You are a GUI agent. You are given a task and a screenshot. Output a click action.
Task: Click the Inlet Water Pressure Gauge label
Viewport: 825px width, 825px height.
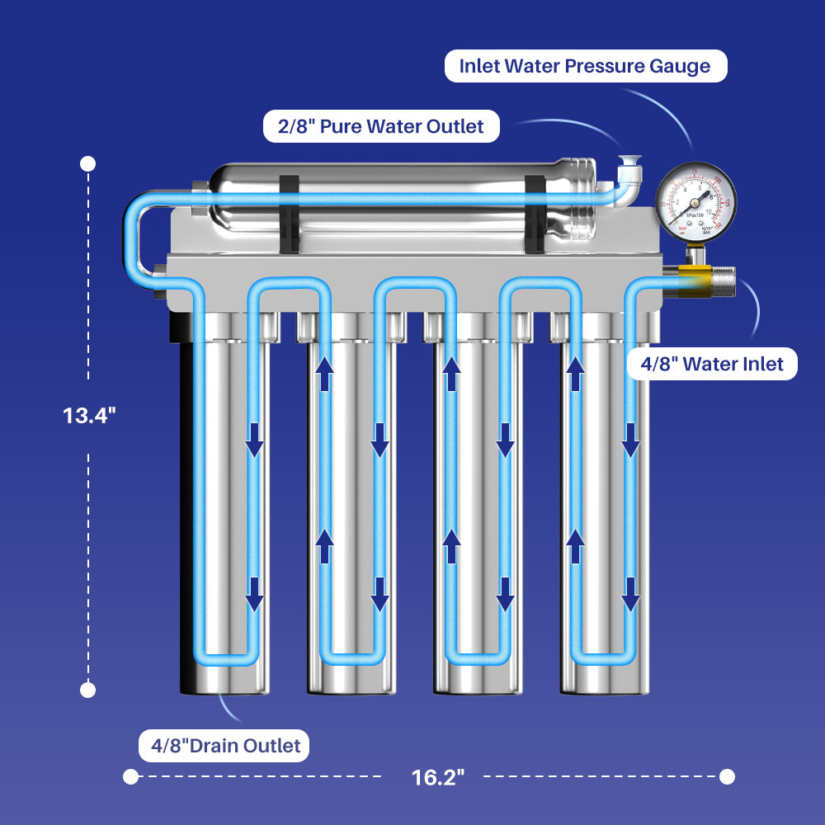pos(586,66)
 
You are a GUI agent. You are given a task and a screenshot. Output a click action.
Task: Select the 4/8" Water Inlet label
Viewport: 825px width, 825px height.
pos(712,363)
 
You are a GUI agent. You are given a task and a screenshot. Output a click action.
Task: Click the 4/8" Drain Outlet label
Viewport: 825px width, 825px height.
pos(223,746)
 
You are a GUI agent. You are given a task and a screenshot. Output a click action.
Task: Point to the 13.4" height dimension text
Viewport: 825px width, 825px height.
pos(90,415)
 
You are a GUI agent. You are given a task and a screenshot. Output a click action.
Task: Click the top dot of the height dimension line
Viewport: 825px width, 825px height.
pos(88,164)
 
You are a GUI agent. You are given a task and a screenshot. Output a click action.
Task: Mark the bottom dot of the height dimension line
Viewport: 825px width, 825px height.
pos(88,689)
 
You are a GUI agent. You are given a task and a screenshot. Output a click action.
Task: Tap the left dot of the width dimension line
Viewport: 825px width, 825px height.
pos(130,776)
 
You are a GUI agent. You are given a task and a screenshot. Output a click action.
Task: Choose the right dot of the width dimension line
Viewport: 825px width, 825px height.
pos(727,776)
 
